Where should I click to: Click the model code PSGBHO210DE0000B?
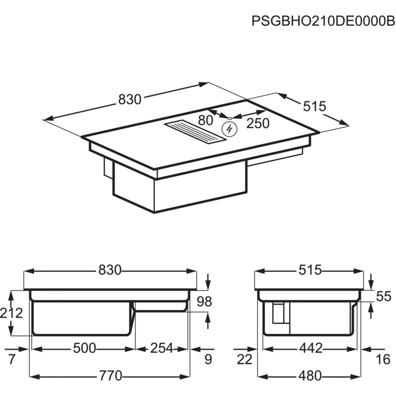coord(324,21)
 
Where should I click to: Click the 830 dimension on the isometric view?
coord(130,100)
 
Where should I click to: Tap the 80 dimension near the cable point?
coord(205,120)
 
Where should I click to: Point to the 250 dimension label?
coord(258,123)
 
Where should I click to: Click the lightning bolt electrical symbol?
coord(229,129)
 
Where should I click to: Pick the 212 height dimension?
coord(11,313)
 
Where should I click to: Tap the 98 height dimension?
coord(204,302)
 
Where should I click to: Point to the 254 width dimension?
coord(161,348)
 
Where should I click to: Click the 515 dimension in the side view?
coord(310,270)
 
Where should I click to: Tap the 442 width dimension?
coord(310,348)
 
